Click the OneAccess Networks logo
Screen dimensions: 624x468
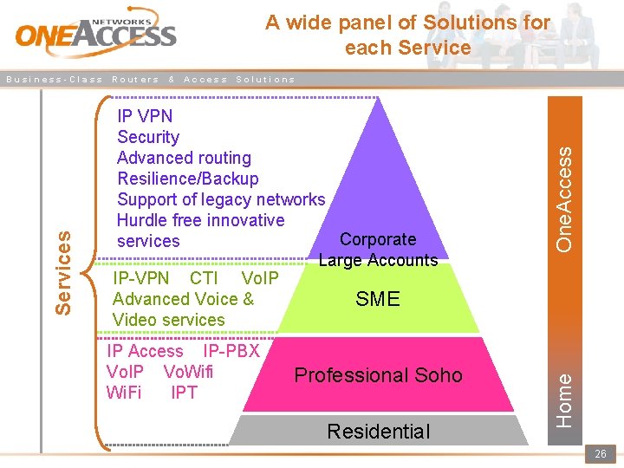(95, 33)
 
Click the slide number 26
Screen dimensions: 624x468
(600, 454)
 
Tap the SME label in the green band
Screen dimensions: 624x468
(378, 299)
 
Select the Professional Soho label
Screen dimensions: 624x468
(378, 375)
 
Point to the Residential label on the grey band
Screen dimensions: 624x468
(378, 431)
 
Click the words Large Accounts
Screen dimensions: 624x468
(378, 260)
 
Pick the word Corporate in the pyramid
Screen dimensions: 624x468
(378, 239)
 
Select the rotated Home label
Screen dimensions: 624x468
(564, 399)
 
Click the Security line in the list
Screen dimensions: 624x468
(148, 137)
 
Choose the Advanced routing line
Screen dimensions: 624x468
(184, 158)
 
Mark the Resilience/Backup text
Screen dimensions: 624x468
(187, 179)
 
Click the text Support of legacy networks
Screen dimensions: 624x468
(221, 199)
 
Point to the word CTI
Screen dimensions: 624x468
(204, 278)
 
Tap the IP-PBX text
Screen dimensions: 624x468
(231, 351)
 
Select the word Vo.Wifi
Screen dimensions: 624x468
(188, 372)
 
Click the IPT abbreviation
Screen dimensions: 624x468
(184, 393)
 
